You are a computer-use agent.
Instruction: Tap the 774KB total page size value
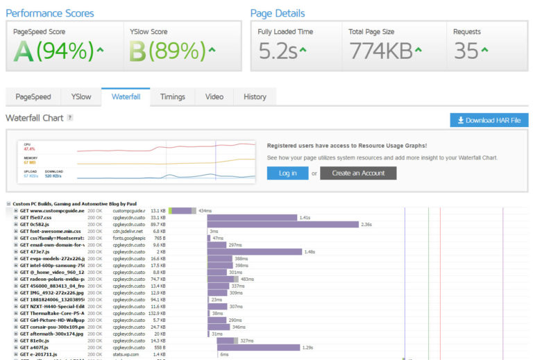(381, 51)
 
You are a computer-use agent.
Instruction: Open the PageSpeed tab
(33, 97)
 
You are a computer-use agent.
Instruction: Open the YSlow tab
(81, 97)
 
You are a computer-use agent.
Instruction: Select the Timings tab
(172, 97)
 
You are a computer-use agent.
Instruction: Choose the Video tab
(214, 97)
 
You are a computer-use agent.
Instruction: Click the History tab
(255, 97)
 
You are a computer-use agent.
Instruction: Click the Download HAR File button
(489, 120)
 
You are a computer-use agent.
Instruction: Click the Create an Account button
(357, 173)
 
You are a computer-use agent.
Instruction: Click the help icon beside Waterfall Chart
(70, 118)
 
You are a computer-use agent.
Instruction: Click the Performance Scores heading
(49, 13)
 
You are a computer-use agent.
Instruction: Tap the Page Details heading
(277, 13)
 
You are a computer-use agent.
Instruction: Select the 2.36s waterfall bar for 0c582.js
(282, 224)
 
